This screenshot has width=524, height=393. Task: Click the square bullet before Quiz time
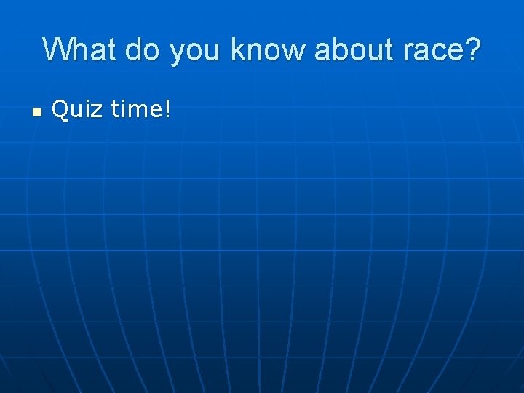(x=36, y=111)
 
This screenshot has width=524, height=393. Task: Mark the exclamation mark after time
(x=168, y=110)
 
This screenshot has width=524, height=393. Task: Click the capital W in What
(x=58, y=49)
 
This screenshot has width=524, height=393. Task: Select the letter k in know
(x=237, y=49)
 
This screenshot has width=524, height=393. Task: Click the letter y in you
(x=178, y=52)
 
